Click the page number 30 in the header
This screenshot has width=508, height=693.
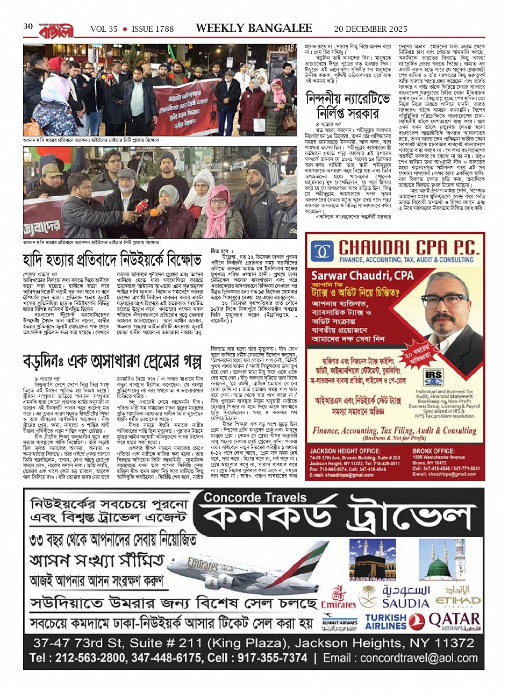tap(28, 27)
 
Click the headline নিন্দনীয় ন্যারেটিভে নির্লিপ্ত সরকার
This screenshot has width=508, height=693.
tap(342, 107)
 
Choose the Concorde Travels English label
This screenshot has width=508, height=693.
tap(247, 497)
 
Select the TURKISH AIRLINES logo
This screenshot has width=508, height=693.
tap(386, 621)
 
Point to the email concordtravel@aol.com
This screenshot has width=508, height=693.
tap(411, 658)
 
